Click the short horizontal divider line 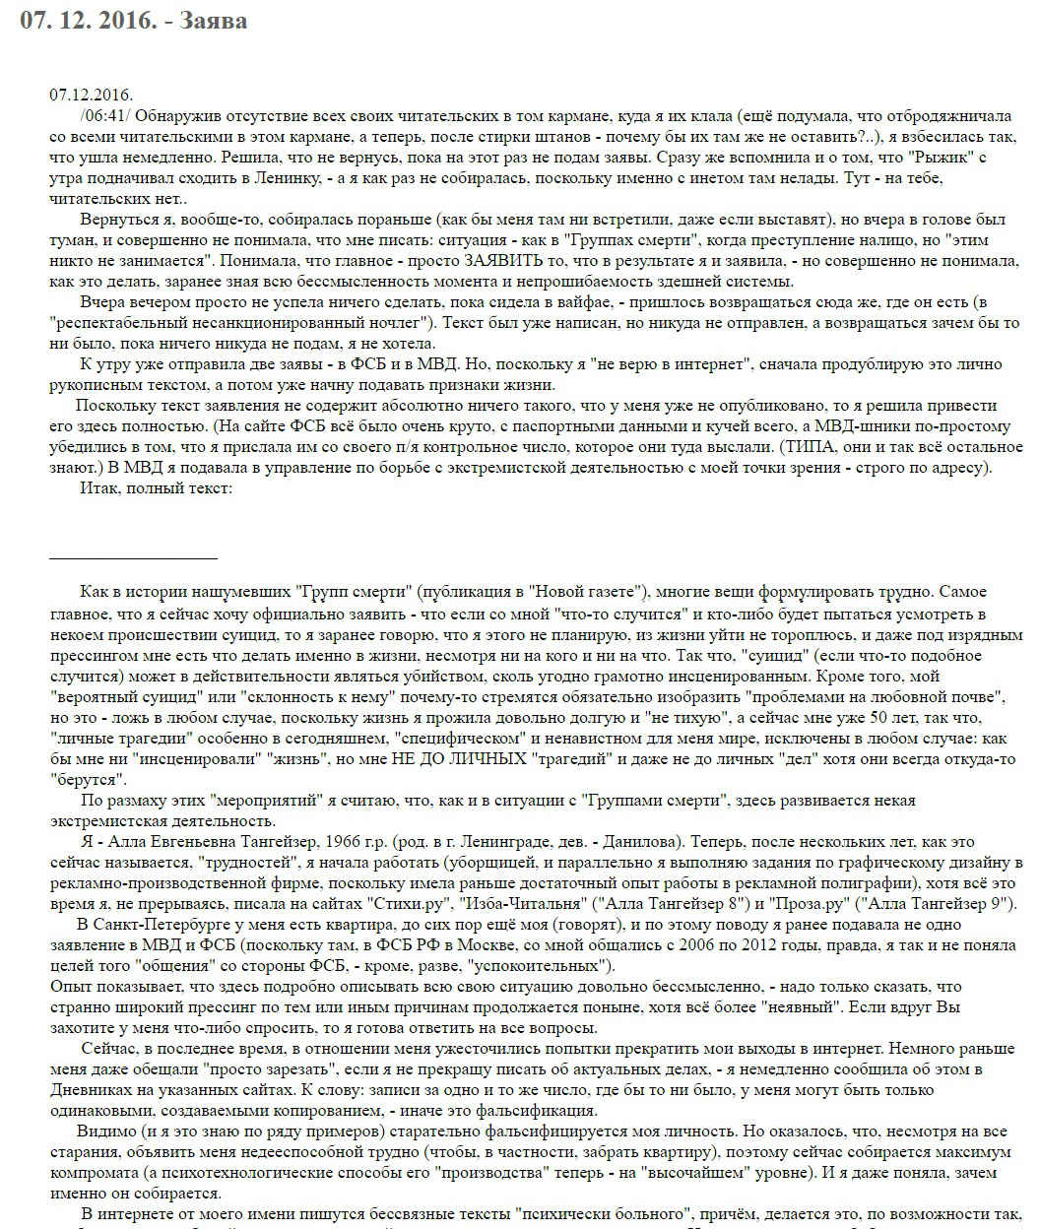(x=133, y=558)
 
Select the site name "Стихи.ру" (x=411, y=903)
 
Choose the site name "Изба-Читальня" (x=521, y=903)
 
